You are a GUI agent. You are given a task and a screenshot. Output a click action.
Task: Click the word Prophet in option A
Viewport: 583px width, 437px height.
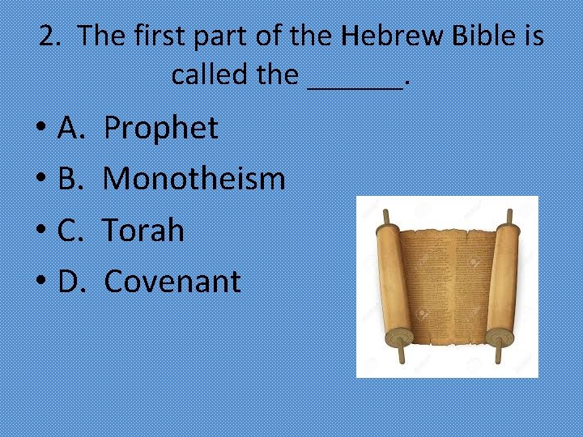pos(161,128)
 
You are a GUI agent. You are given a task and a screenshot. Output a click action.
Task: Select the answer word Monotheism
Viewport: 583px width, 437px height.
pos(194,179)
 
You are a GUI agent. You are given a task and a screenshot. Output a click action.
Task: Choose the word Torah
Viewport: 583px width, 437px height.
pos(144,231)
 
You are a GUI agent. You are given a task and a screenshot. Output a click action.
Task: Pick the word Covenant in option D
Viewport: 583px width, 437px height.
pos(172,282)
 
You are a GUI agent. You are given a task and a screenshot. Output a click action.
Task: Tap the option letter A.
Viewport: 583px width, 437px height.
pos(71,128)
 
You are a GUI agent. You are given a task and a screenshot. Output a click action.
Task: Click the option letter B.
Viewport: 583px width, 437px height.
pos(70,179)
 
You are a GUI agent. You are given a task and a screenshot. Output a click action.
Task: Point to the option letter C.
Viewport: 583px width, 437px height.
pos(70,231)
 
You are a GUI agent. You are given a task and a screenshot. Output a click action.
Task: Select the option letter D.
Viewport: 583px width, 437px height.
pos(72,282)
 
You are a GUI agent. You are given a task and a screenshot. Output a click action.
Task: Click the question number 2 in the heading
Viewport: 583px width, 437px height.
pos(51,36)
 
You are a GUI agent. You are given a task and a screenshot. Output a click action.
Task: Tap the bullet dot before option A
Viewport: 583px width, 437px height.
pos(40,129)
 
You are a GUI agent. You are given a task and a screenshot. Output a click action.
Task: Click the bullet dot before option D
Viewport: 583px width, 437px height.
pos(40,283)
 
